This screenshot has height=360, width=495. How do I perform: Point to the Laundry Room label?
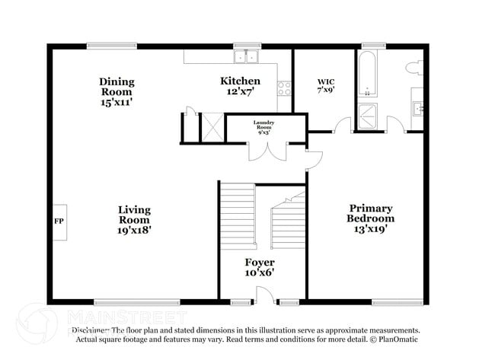[264, 126]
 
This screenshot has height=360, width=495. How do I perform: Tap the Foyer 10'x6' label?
[259, 267]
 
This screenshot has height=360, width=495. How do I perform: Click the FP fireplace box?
[59, 221]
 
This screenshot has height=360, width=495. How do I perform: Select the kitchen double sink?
[247, 56]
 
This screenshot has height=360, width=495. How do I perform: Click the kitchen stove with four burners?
[285, 88]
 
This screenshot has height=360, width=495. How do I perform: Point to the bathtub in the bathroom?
[367, 75]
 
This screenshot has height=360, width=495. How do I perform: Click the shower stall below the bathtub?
[369, 115]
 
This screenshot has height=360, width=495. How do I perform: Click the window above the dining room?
[111, 45]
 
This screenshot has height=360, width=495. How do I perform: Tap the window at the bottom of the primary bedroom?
[397, 302]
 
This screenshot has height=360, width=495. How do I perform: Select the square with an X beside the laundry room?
[211, 126]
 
